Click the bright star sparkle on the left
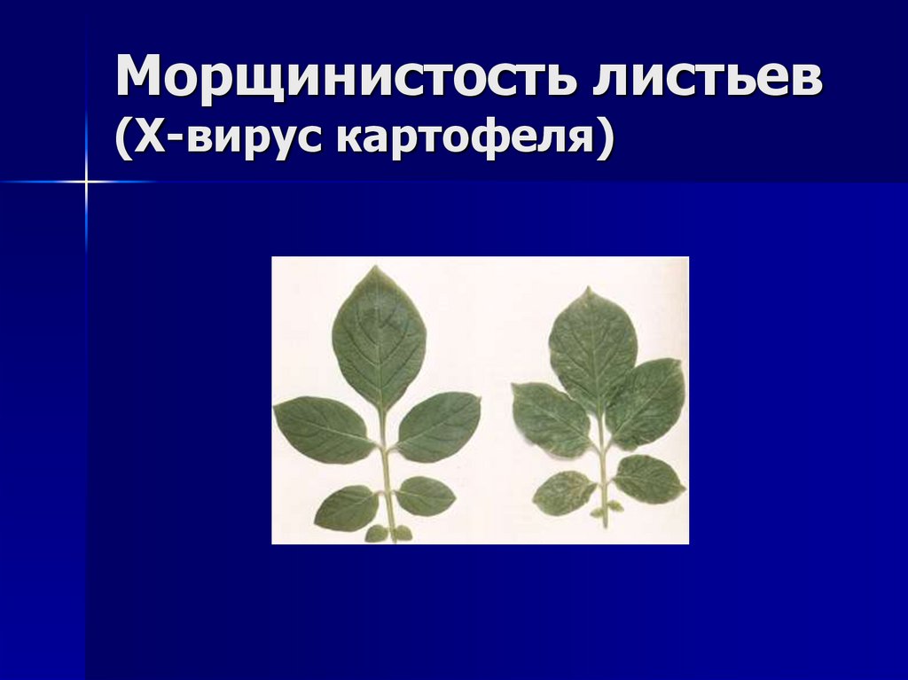tap(87, 182)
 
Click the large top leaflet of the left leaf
tap(379, 337)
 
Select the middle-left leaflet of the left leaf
tap(323, 429)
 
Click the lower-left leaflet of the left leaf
tap(347, 508)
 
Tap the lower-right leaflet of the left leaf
tap(426, 496)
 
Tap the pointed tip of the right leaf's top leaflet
tap(587, 288)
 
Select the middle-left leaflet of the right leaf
tap(550, 418)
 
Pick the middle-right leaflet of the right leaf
tap(647, 403)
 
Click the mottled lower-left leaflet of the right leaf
tap(564, 492)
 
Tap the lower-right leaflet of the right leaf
tap(648, 479)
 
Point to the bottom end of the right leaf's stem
tap(605, 526)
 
